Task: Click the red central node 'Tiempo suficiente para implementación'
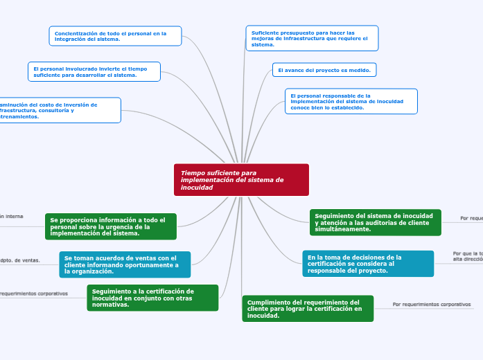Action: coord(241,180)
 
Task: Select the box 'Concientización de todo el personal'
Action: coord(115,36)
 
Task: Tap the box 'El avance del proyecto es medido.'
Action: coord(324,70)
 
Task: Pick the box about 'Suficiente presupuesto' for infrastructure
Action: coord(312,38)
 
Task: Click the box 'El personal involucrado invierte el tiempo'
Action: coord(94,72)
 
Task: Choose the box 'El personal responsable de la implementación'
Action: coord(351,101)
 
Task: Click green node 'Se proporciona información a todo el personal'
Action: coord(111,226)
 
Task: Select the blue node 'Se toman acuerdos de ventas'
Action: coord(125,264)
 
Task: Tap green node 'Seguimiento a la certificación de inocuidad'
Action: coord(152,298)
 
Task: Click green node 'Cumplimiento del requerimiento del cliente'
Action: coord(308,309)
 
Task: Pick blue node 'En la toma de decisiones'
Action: coord(368,264)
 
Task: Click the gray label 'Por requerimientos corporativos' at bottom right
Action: coord(432,304)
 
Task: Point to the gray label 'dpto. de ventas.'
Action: coord(21,260)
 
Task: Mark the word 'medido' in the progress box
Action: coord(362,70)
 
